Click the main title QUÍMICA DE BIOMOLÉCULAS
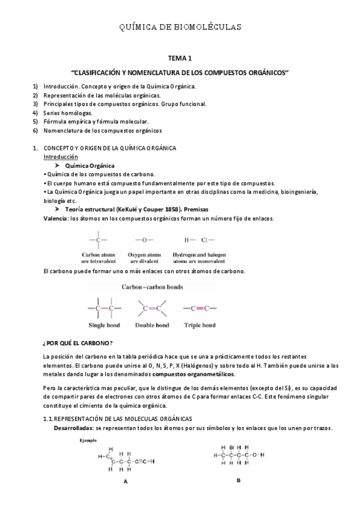coord(180,27)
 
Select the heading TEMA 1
coord(180,59)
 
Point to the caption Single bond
coord(104,325)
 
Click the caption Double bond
coord(153,325)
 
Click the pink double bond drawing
coord(153,309)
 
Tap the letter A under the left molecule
coord(126,481)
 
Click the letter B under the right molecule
coord(238,480)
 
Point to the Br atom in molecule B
coord(230,447)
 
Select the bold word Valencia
coord(56,218)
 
